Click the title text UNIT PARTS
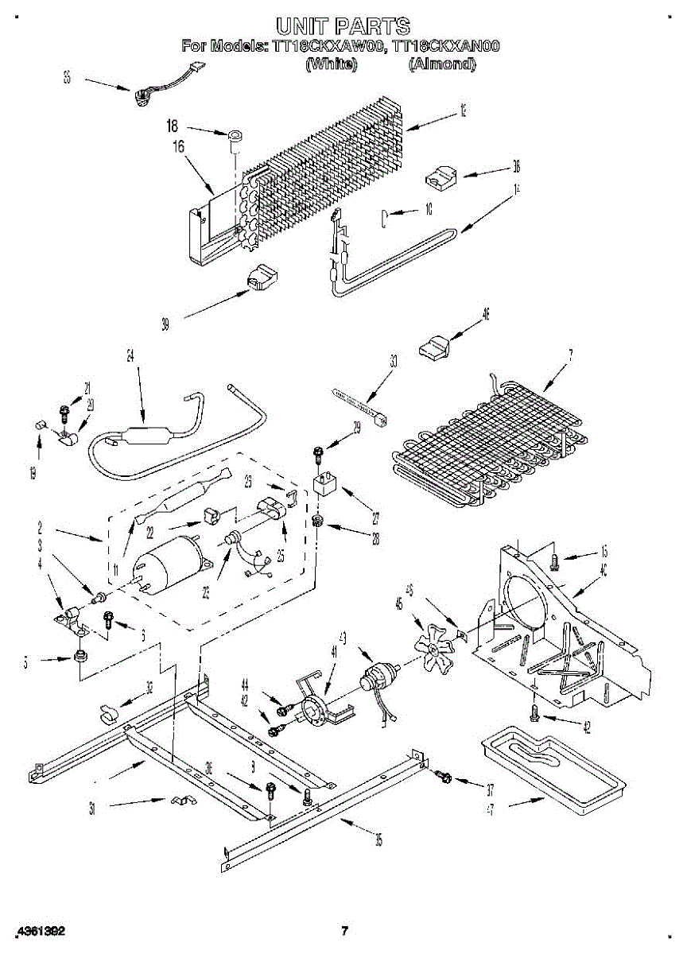click(x=343, y=26)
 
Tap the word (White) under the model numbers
click(x=330, y=64)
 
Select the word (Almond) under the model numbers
click(x=441, y=64)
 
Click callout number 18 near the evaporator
click(x=173, y=126)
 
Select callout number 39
click(x=165, y=324)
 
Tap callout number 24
click(x=130, y=357)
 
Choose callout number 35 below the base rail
click(x=378, y=840)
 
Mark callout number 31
click(x=93, y=809)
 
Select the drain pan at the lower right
click(x=553, y=763)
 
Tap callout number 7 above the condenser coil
click(x=569, y=355)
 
